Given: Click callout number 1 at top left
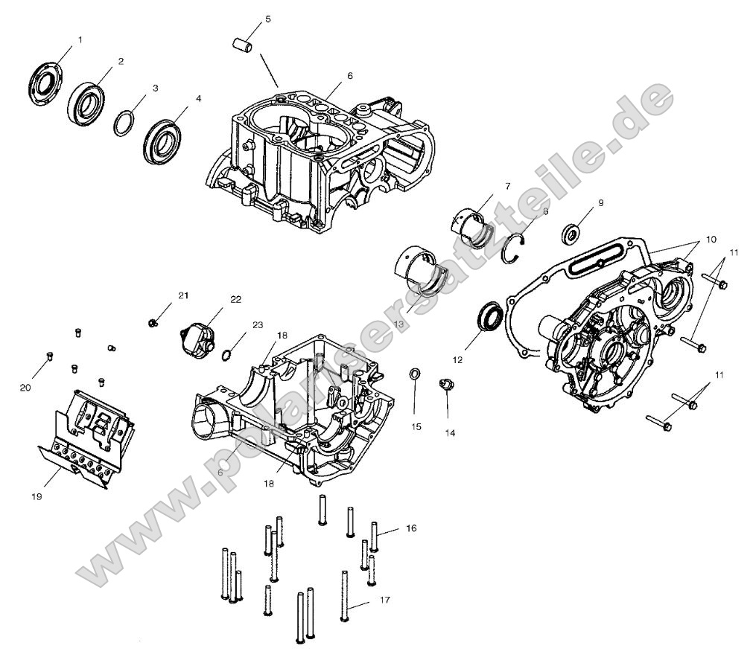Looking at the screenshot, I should coord(80,39).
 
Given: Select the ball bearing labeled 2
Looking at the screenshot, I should coord(86,99).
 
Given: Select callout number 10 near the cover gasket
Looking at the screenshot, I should coord(711,240).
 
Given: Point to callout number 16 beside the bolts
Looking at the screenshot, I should coord(411,528).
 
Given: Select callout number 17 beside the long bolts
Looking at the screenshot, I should coord(384,599).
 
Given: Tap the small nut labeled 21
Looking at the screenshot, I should coord(153,322).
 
